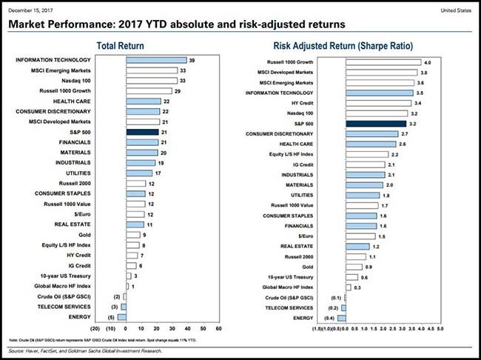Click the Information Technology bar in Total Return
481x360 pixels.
(x=157, y=59)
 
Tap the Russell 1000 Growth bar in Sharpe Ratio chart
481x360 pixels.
(x=382, y=62)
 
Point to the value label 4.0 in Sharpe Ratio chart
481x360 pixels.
(x=426, y=62)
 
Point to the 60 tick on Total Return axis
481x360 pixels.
(x=218, y=327)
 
